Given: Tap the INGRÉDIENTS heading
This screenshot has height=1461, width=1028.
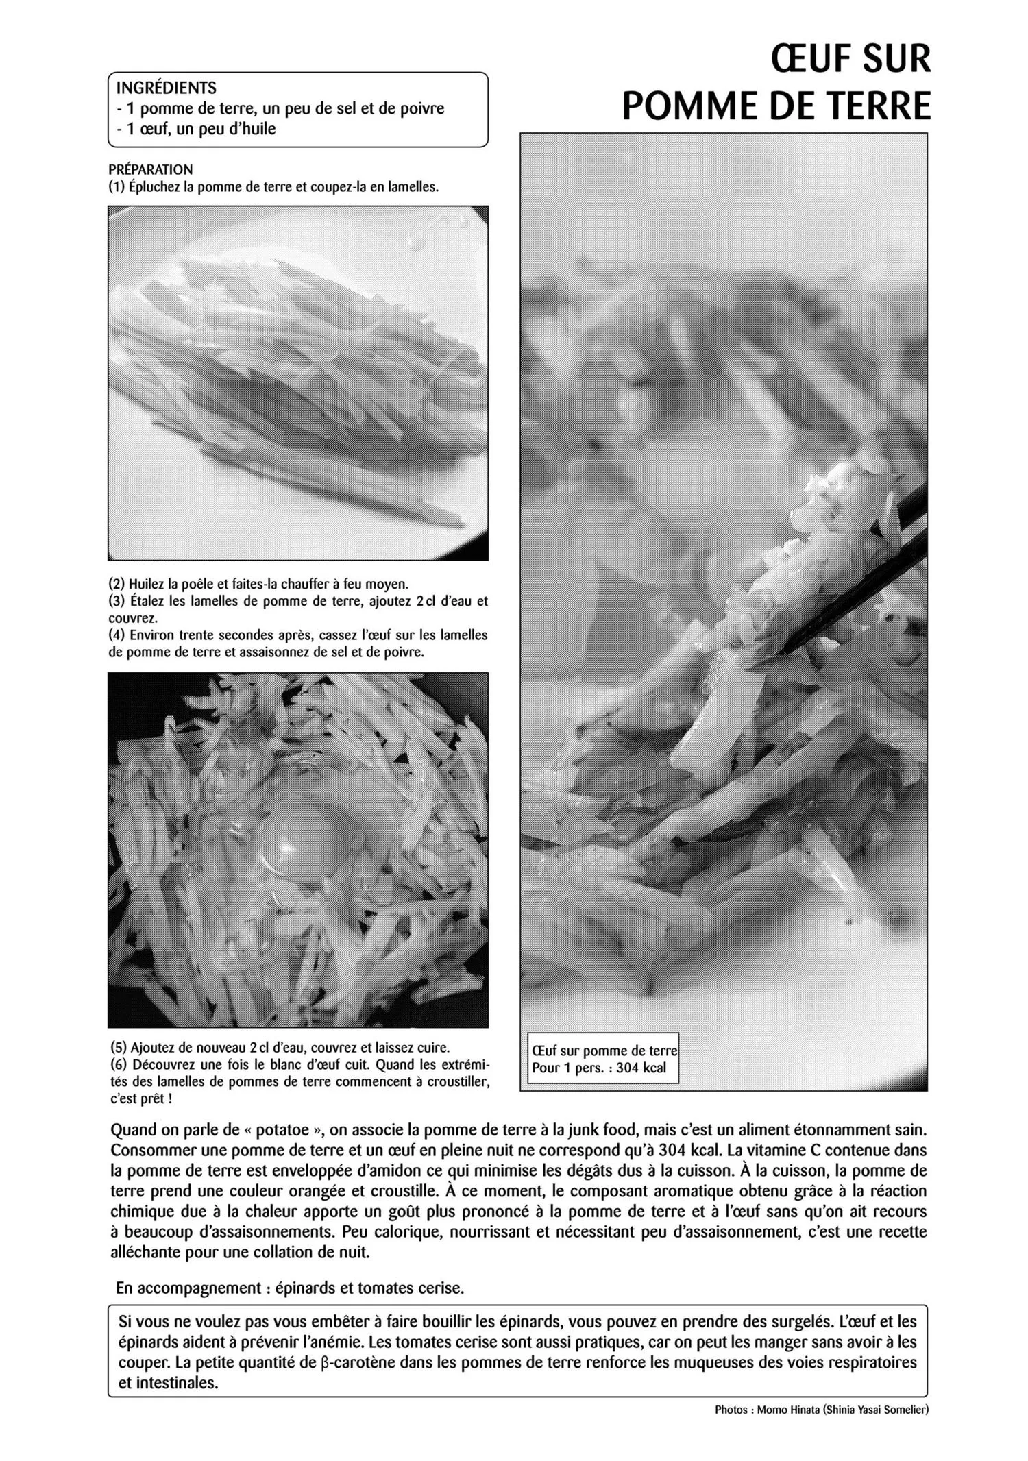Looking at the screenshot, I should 166,88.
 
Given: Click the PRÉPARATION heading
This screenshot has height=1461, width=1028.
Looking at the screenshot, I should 150,169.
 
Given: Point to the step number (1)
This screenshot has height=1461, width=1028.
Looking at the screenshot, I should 117,187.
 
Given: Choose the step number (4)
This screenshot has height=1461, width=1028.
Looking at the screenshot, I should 117,635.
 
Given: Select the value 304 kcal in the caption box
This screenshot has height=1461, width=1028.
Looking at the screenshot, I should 641,1068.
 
